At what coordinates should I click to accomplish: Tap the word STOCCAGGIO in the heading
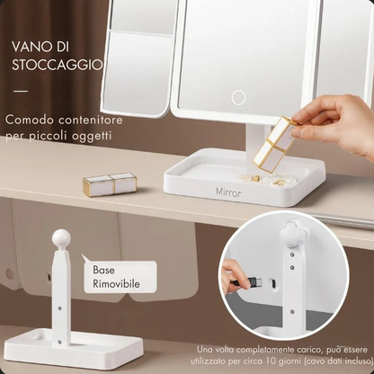pos(58,66)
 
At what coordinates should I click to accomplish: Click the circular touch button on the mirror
pos(238,97)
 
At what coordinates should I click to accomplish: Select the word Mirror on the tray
pos(228,192)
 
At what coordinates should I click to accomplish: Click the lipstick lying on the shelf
pos(110,184)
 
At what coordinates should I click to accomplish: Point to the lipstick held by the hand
pos(274,144)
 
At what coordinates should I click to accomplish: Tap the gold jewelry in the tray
pos(267,181)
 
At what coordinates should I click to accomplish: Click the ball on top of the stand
pos(61,238)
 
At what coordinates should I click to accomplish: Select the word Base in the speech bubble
pos(103,270)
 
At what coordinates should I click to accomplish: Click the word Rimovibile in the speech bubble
pos(116,284)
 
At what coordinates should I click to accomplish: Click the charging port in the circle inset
pos(273,282)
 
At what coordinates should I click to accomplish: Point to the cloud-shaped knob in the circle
pos(289,230)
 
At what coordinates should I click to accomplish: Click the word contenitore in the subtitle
pos(91,120)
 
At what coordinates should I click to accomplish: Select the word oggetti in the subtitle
pos(93,137)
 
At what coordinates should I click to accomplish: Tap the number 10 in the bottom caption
pos(271,361)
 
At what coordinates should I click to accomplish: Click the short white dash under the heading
pos(21,91)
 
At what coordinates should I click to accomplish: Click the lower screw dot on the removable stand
pos(59,342)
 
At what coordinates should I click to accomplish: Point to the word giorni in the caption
pos(289,361)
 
